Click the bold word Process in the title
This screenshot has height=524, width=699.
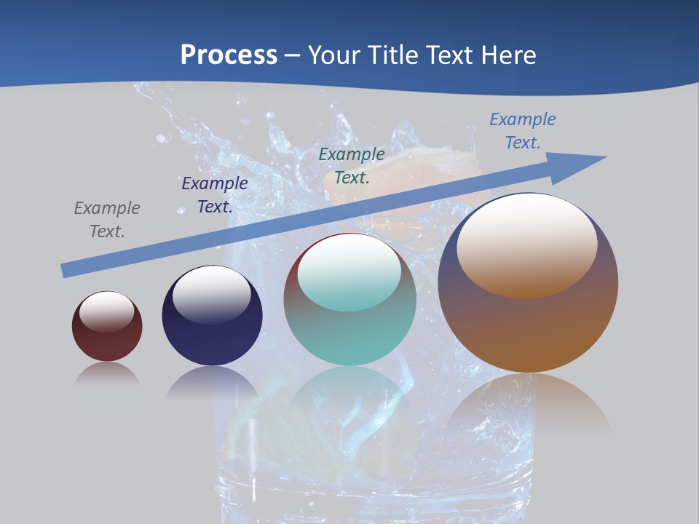pos(229,55)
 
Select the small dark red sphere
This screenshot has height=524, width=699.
pos(107,342)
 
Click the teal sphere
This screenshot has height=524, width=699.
pos(349,335)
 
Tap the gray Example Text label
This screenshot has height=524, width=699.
pos(107,220)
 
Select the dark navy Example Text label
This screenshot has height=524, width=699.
pos(215,195)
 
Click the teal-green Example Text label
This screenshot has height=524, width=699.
pos(352,165)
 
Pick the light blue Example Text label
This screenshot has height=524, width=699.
pos(522,130)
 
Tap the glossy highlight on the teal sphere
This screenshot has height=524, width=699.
pos(349,271)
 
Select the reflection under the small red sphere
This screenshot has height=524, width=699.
pos(107,374)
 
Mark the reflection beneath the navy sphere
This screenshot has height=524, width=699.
pos(212,382)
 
